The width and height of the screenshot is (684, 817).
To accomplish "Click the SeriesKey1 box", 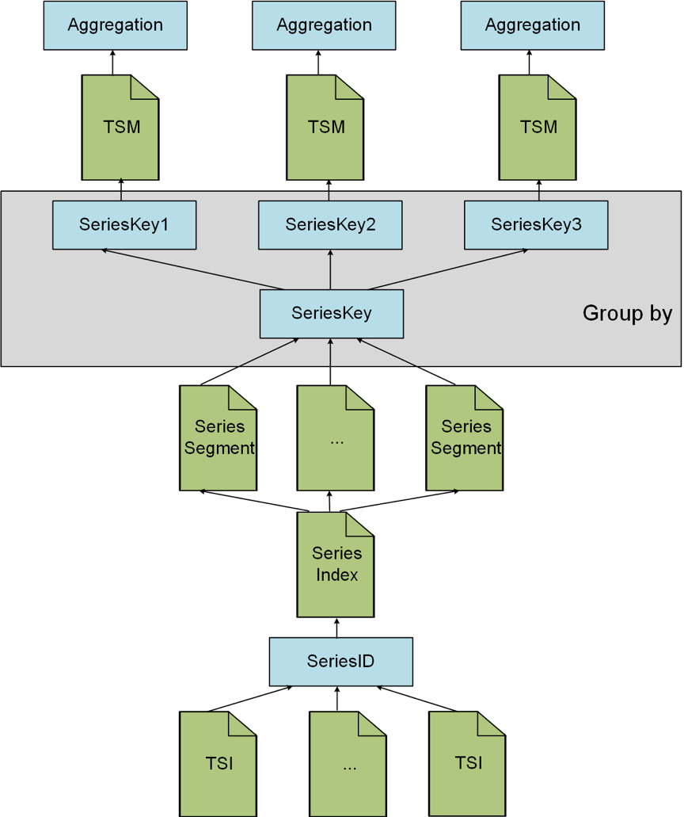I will (x=124, y=225).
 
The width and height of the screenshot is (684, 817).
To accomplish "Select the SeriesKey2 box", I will (x=330, y=225).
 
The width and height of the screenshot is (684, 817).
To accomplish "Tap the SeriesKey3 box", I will (x=536, y=225).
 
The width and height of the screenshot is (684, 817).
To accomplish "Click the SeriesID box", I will (x=340, y=662).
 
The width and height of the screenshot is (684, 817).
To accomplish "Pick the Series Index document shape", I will (x=336, y=564).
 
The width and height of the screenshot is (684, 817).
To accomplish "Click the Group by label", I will (x=627, y=313).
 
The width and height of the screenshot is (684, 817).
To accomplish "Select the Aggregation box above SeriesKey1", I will (x=115, y=25).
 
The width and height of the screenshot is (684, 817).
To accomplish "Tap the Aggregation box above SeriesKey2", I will (x=324, y=25).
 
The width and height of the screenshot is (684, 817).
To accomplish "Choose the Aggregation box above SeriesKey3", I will (x=533, y=25).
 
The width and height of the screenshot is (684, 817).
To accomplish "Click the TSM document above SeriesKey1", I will (x=120, y=128).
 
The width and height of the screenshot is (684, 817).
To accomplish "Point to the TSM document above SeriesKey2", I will (x=325, y=128).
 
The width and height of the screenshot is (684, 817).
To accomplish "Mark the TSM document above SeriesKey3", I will (x=538, y=128).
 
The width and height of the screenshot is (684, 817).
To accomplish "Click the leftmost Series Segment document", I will (x=218, y=438).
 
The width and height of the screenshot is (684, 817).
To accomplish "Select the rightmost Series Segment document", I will (x=465, y=438).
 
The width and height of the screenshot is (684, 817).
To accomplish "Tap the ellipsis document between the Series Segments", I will (x=335, y=438).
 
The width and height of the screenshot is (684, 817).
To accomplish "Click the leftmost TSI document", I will (x=218, y=764).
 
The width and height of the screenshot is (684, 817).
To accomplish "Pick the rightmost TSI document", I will (x=467, y=764).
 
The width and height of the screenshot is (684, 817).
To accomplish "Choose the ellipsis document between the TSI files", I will (x=348, y=764).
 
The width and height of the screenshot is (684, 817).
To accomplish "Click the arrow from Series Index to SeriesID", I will (x=336, y=628).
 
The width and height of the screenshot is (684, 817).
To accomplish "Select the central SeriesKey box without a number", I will (x=332, y=313).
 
